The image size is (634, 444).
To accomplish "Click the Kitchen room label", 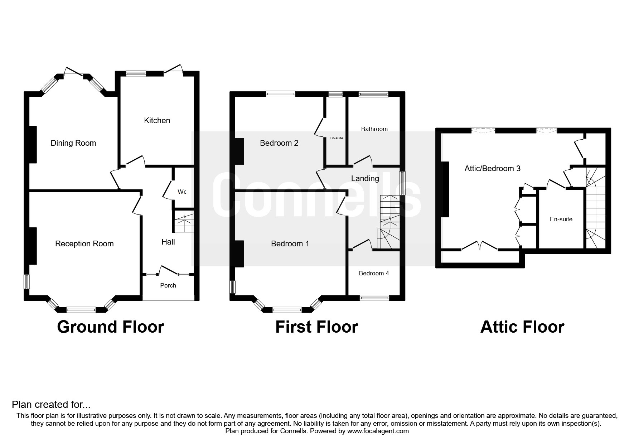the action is point(157,121).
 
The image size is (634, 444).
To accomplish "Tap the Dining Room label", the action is point(73,143).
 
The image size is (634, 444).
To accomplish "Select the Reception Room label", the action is point(84,244).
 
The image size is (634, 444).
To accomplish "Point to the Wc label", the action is point(182,192).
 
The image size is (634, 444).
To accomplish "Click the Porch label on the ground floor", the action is point(168,285).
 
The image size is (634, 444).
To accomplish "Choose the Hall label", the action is point(168,242).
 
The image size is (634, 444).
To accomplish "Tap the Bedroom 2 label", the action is point(279,143).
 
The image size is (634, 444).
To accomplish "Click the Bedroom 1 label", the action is point(290,244).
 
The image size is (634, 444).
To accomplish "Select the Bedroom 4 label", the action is point(374,274).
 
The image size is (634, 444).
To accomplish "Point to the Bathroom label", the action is point(374,129).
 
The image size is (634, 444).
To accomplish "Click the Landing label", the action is point(365,179).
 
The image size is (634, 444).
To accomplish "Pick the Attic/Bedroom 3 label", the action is point(493,168).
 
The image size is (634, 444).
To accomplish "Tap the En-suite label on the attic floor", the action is point(561,219).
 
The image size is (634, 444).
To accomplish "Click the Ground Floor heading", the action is point(111,327).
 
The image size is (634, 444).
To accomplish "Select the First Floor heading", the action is point(317,327).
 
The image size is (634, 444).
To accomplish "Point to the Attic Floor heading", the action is point(522,327).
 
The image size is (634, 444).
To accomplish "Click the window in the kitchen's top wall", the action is point(136,73).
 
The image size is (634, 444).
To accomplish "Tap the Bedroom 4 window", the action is point(374,298).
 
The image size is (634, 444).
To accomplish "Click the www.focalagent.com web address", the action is point(378,431).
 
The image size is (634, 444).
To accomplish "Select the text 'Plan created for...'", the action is point(51,405).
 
